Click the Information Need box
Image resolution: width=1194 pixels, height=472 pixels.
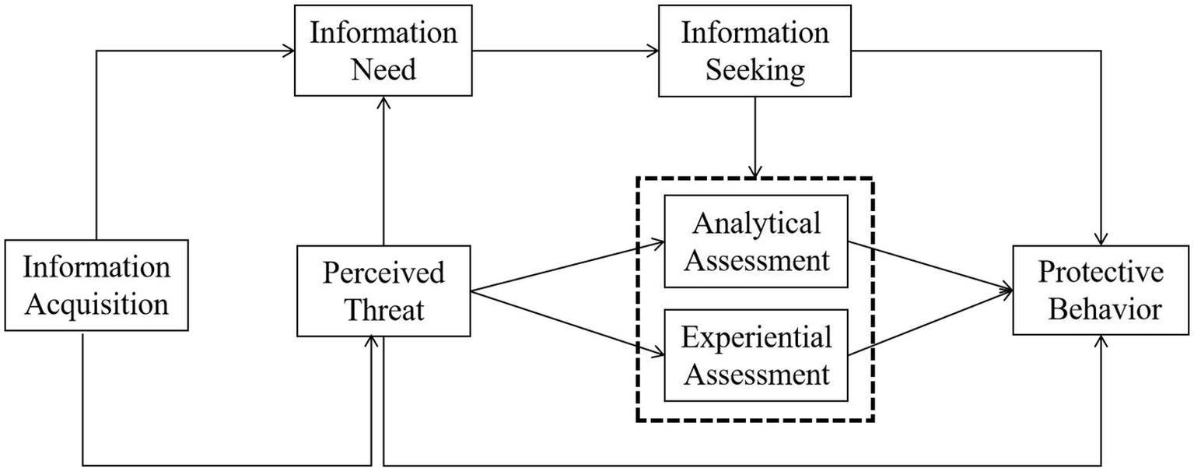[383, 51]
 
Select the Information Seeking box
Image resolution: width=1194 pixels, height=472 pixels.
[755, 51]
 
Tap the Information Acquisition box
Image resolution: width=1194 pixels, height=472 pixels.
[96, 286]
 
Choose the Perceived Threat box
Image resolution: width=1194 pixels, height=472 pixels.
[383, 291]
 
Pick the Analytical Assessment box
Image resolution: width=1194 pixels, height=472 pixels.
[755, 241]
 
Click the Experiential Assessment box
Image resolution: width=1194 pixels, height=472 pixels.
[755, 355]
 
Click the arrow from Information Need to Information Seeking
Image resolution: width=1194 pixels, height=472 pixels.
[564, 52]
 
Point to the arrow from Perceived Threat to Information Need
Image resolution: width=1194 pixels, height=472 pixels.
[383, 171]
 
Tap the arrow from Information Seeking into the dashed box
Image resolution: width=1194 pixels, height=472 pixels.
[754, 136]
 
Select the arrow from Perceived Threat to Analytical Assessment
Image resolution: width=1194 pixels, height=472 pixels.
[568, 266]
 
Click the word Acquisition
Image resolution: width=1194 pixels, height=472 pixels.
[96, 304]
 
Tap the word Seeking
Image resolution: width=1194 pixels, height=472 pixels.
[755, 70]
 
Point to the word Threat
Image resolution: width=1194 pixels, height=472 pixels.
[383, 309]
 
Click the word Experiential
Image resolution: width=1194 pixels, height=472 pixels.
[755, 338]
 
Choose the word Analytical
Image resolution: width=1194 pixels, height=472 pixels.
[755, 224]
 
